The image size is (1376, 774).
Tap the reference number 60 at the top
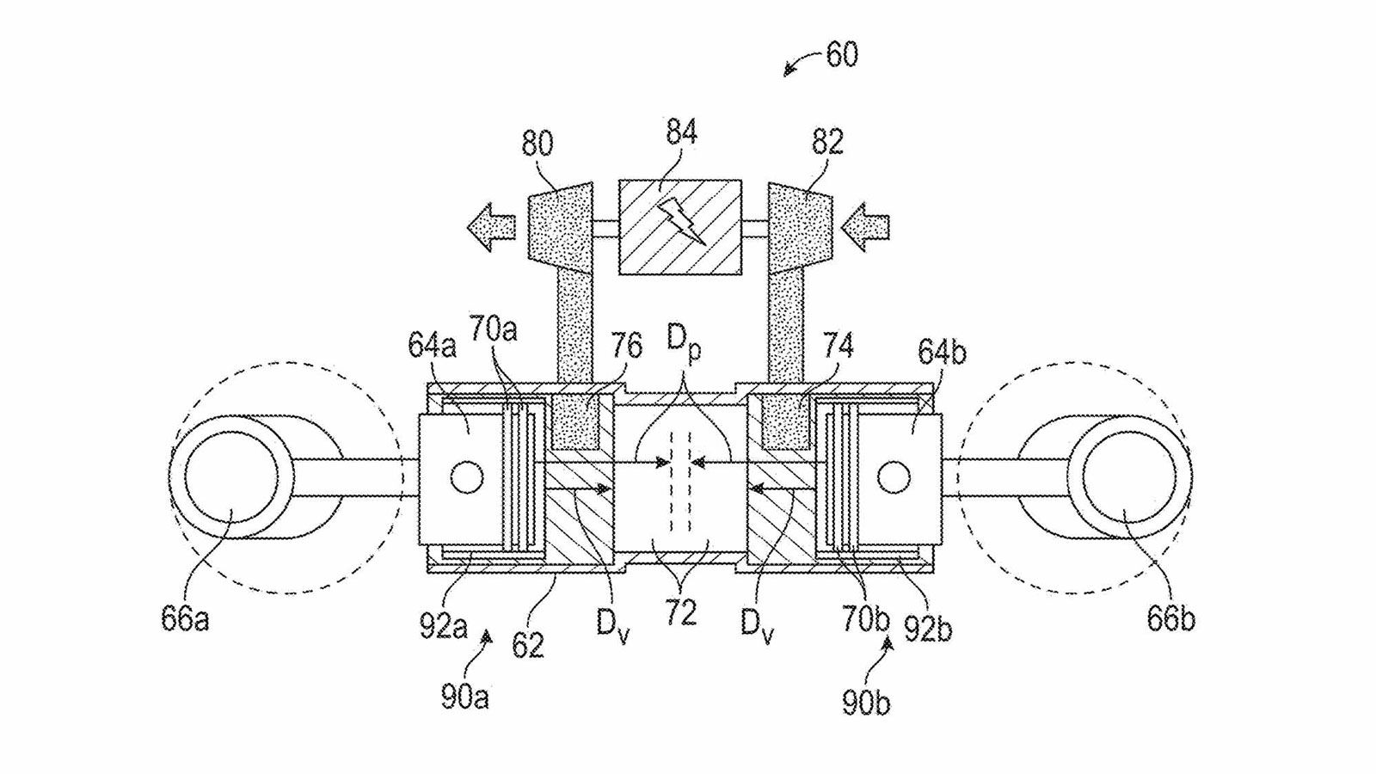[841, 55]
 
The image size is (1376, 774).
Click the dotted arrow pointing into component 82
[867, 226]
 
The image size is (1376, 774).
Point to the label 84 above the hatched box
[680, 132]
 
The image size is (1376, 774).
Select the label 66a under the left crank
[184, 619]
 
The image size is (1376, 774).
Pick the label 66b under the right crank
[1170, 619]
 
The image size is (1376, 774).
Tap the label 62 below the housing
[527, 643]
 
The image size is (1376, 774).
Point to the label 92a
[443, 626]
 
